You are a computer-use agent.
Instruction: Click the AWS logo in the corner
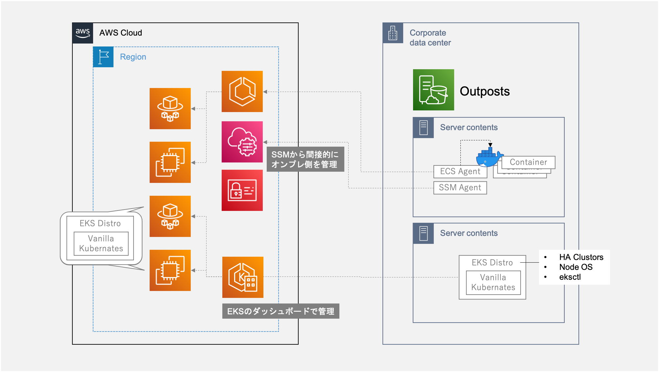pyautogui.click(x=83, y=33)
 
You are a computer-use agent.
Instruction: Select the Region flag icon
pyautogui.click(x=103, y=57)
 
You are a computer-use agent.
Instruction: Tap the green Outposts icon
pyautogui.click(x=433, y=90)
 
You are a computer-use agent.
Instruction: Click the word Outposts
pyautogui.click(x=484, y=91)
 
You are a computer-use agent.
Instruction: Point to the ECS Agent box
pyautogui.click(x=460, y=171)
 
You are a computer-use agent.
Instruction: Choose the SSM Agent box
pyautogui.click(x=460, y=187)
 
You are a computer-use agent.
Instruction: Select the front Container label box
pyautogui.click(x=528, y=162)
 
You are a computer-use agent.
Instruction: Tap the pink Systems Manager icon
pyautogui.click(x=242, y=142)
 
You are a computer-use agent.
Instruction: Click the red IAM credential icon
pyautogui.click(x=242, y=190)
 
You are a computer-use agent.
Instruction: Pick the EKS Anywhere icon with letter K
pyautogui.click(x=243, y=277)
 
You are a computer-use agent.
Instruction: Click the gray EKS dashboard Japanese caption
pyautogui.click(x=281, y=311)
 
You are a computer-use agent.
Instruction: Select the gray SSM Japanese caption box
pyautogui.click(x=305, y=159)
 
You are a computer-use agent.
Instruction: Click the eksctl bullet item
pyautogui.click(x=570, y=277)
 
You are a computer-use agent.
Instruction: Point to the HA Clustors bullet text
pyautogui.click(x=581, y=257)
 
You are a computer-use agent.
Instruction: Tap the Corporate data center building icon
pyautogui.click(x=393, y=33)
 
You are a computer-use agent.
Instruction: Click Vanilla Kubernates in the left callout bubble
pyautogui.click(x=101, y=243)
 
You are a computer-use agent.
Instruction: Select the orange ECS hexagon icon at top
pyautogui.click(x=242, y=91)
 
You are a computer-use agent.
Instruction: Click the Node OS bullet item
pyautogui.click(x=576, y=267)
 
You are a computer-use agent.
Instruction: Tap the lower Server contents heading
pyautogui.click(x=469, y=233)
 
